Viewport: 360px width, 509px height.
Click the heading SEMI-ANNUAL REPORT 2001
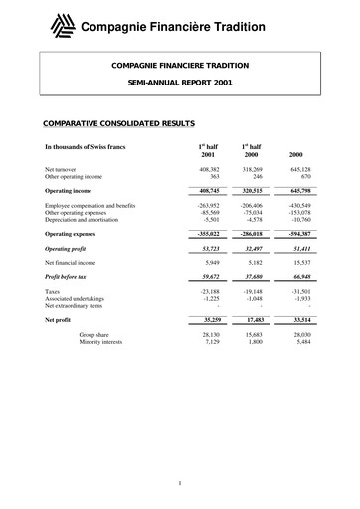(179, 86)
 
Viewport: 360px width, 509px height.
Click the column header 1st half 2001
(208, 151)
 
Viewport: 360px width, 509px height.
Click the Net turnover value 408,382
(208, 170)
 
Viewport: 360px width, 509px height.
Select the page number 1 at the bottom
(179, 483)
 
